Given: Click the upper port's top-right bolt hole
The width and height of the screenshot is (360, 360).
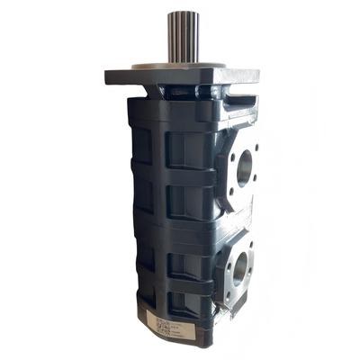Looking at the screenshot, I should click(256, 144).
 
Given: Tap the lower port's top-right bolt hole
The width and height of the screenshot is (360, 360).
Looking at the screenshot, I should click(251, 244).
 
